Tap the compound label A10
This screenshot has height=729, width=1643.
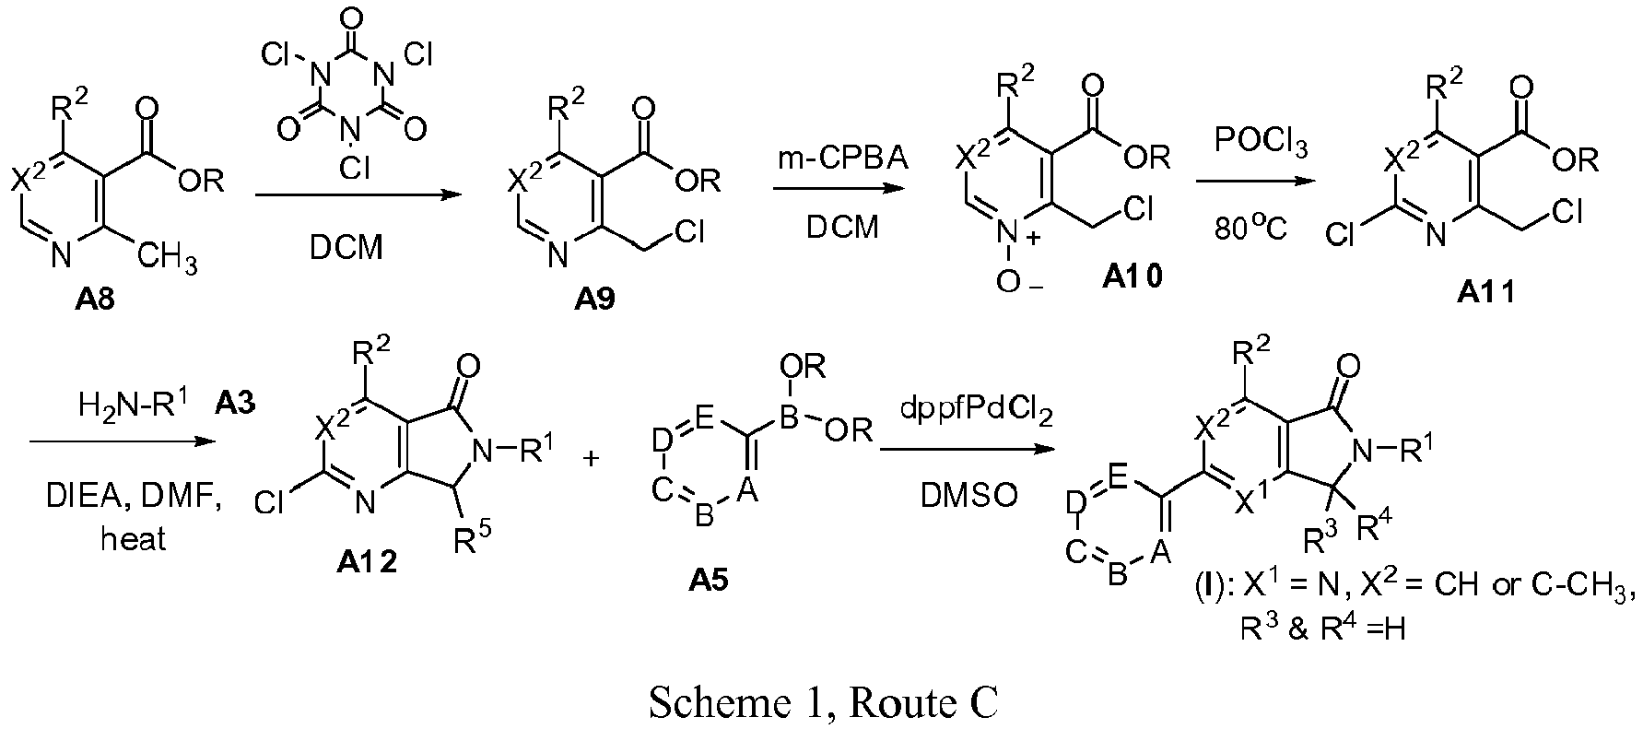(1132, 276)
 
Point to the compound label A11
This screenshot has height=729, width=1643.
(1485, 292)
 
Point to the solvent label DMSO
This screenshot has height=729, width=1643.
(968, 495)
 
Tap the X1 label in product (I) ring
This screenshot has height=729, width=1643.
(1250, 503)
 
